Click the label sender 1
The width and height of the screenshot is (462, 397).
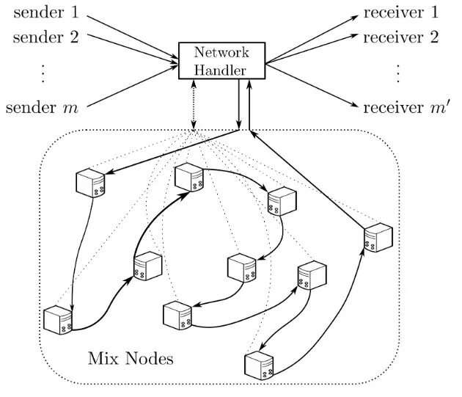click(46, 12)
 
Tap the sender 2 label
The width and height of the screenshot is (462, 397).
click(46, 37)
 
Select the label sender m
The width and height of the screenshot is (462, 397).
click(42, 107)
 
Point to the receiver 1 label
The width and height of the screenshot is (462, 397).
click(401, 12)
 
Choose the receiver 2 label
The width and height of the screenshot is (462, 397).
click(401, 37)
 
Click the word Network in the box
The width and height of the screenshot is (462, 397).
click(221, 52)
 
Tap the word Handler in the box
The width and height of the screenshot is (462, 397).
click(220, 70)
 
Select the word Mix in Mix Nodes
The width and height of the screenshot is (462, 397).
click(103, 358)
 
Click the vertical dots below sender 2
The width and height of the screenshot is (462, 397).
click(43, 73)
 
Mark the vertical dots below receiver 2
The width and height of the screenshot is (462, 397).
click(398, 73)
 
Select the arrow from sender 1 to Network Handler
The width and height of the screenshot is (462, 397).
click(133, 37)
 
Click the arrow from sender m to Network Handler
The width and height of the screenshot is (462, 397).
click(133, 86)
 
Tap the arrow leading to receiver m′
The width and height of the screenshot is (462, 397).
click(312, 86)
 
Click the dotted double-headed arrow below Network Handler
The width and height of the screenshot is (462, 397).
click(194, 104)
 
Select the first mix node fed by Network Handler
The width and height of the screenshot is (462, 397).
click(90, 183)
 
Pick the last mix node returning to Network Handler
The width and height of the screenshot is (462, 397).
click(378, 238)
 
